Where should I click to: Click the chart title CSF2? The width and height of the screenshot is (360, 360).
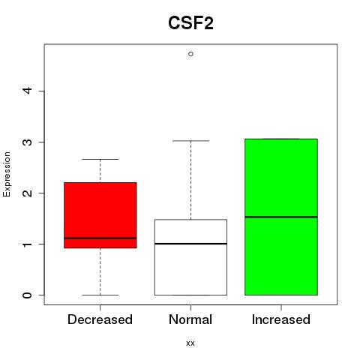point(190,23)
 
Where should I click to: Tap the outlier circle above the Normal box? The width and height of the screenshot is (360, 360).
point(190,54)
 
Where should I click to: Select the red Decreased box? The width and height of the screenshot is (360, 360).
point(100,215)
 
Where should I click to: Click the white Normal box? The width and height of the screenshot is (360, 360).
point(190,257)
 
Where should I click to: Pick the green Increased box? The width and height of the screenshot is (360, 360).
point(281,217)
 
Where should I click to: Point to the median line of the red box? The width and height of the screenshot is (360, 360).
point(100,238)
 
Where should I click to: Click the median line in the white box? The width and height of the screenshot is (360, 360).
point(190,244)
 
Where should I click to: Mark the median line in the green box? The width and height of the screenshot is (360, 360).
point(281,217)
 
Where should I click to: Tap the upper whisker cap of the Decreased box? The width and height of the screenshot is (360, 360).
point(100,159)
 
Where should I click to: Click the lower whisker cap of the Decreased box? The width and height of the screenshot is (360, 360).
point(100,295)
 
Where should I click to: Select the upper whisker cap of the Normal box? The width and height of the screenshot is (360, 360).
point(190,141)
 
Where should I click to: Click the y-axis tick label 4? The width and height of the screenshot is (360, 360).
point(28,91)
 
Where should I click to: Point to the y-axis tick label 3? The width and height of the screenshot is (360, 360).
point(28,142)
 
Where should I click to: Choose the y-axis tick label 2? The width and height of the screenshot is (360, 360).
point(28,193)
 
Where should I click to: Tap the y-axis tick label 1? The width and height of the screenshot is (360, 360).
point(28,244)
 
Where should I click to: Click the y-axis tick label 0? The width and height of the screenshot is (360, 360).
point(28,295)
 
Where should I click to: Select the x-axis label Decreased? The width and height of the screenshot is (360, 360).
point(100,319)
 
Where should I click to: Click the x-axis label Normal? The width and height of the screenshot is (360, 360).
point(190,319)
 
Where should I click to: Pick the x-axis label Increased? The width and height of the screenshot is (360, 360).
point(281,319)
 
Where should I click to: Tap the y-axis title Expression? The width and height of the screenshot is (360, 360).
point(7,174)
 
